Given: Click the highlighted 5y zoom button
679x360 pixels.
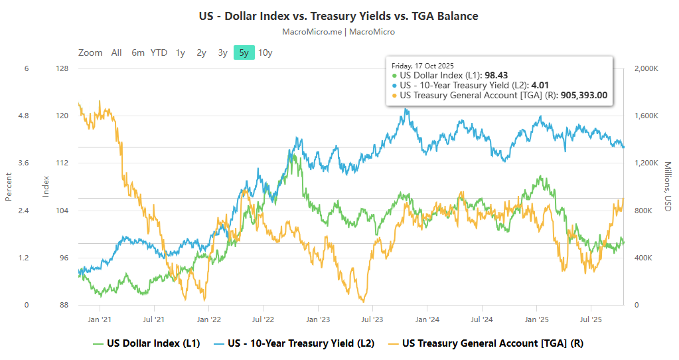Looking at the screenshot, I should click(244, 53).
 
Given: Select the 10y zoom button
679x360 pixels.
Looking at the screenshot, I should click(265, 53).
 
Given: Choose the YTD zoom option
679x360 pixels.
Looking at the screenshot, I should click(159, 53).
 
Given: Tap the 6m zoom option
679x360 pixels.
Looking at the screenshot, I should click(137, 53).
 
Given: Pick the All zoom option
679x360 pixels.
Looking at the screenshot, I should click(116, 53).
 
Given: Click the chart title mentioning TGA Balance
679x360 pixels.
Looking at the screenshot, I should click(339, 16).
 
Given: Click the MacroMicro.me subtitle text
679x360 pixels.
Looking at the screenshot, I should click(339, 31).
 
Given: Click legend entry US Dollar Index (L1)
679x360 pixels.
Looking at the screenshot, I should click(146, 343).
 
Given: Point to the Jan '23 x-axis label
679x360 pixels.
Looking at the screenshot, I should click(317, 319).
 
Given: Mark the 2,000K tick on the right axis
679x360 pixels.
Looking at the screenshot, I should click(646, 68).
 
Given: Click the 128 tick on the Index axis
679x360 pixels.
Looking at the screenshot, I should click(63, 68).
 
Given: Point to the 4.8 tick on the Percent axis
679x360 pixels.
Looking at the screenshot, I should click(23, 116).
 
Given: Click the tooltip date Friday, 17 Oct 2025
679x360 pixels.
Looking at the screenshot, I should click(423, 66).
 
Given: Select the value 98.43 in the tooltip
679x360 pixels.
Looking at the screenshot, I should click(496, 76).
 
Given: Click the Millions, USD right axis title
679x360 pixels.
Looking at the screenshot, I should click(668, 187).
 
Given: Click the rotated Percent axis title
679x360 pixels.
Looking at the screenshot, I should click(9, 187).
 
